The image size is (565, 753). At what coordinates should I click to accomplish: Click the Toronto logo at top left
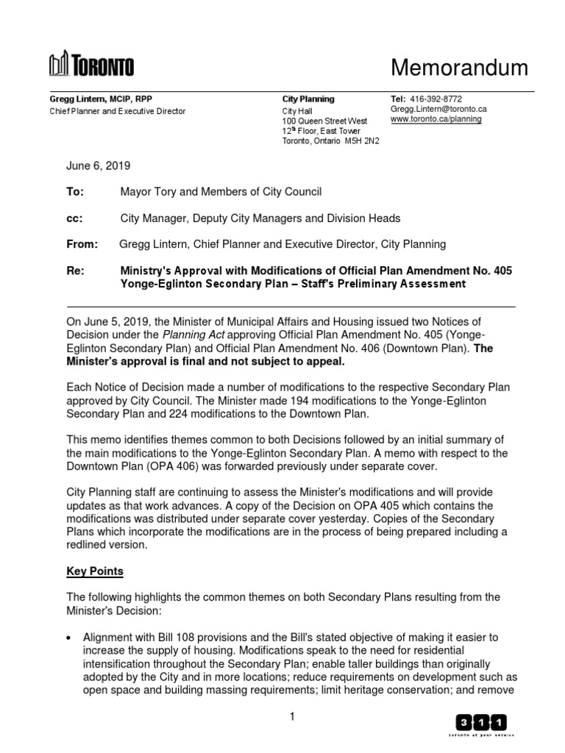(x=91, y=66)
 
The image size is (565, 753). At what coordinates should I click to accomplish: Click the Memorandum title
(x=458, y=68)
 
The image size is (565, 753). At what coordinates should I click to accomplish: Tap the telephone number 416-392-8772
(x=436, y=99)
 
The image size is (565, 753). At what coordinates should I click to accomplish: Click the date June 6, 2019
(x=99, y=166)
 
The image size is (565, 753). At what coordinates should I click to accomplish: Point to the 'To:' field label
(x=76, y=192)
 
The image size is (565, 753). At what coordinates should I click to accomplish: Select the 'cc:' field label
(x=75, y=218)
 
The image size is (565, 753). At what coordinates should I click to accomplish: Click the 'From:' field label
(x=81, y=244)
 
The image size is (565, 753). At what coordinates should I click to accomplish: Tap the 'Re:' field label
(x=76, y=271)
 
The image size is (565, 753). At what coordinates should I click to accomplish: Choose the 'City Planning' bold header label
(x=308, y=99)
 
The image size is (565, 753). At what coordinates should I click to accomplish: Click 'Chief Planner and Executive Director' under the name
(x=117, y=111)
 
